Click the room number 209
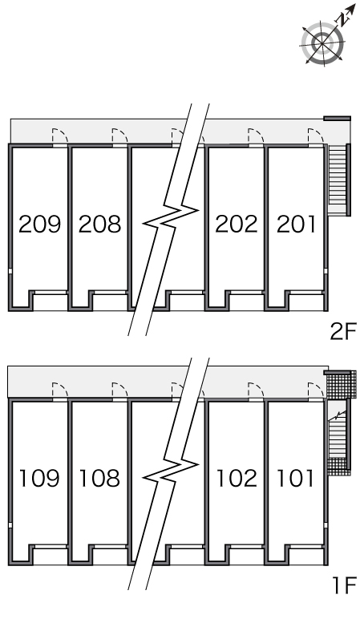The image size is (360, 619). [x=40, y=224]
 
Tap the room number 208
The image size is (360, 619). [x=99, y=224]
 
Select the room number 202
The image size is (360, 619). [x=236, y=224]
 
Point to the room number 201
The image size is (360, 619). [x=296, y=224]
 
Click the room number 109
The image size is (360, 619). [x=39, y=478]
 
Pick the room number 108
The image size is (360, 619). [x=99, y=478]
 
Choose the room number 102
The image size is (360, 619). [x=237, y=478]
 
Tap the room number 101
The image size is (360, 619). [x=296, y=478]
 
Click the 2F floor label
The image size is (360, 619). [x=343, y=331]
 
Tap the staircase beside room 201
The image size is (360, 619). [x=338, y=180]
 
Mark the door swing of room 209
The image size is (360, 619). [x=60, y=136]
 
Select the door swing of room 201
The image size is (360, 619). [x=316, y=136]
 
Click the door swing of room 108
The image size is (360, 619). [x=120, y=390]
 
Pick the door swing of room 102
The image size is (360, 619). [x=257, y=390]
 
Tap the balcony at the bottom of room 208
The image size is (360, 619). [x=110, y=301]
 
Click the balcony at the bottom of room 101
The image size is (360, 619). [x=306, y=555]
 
